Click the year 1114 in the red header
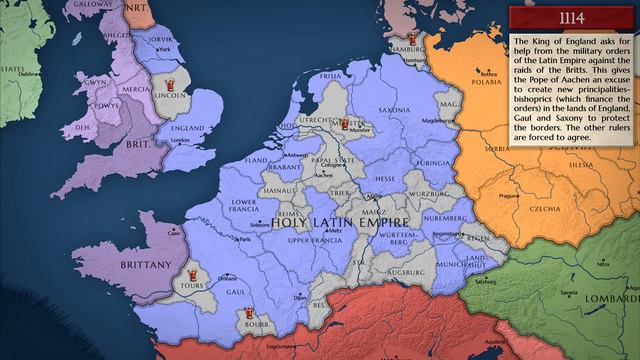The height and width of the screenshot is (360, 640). pyautogui.click(x=572, y=18)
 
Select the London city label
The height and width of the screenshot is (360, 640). pyautogui.click(x=180, y=140)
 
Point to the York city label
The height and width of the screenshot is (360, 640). pyautogui.click(x=163, y=49)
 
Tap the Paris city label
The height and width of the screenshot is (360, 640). pyautogui.click(x=243, y=239)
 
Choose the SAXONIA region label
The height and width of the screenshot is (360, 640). pyautogui.click(x=395, y=84)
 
